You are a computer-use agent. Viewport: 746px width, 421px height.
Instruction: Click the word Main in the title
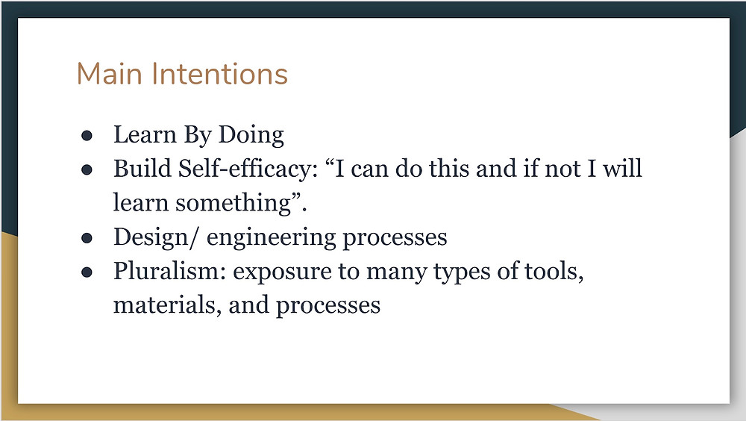tap(110, 74)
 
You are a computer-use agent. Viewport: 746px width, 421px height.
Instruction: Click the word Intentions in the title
tap(220, 74)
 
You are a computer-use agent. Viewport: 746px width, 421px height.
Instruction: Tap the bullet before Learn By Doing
tap(87, 136)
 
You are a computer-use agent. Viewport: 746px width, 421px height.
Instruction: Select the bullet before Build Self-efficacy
tap(87, 170)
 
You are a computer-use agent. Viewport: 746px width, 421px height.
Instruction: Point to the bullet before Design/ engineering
tap(87, 238)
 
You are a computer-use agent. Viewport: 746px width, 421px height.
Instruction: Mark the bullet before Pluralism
tap(87, 272)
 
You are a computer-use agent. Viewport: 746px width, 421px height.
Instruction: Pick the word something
tap(233, 204)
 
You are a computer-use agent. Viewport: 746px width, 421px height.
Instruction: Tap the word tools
tap(554, 272)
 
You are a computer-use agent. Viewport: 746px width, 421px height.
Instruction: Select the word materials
tap(167, 306)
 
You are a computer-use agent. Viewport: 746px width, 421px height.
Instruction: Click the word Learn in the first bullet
tap(145, 135)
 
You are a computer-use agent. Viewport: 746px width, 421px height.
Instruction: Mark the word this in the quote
tap(448, 169)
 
